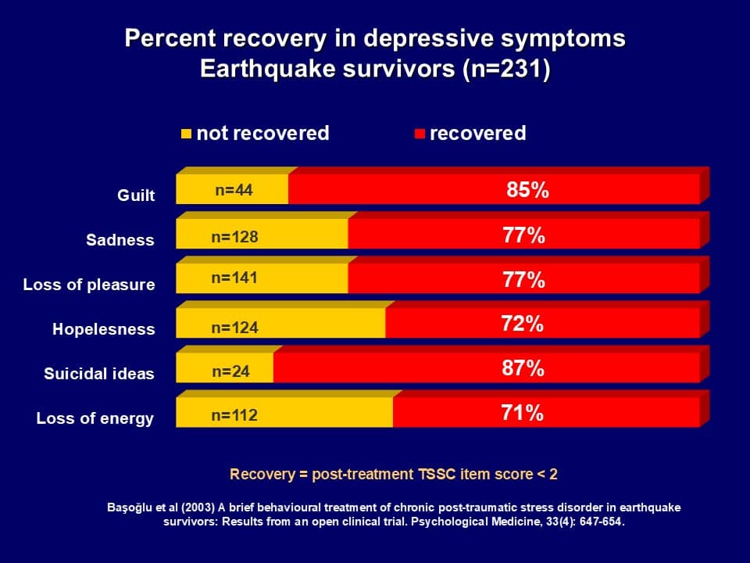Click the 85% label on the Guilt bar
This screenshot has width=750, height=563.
click(527, 190)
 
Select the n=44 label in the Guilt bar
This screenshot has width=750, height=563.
click(234, 190)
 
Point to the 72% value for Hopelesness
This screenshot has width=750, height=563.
click(523, 324)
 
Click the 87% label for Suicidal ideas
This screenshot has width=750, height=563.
click(523, 368)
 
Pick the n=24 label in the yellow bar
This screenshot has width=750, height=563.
click(230, 371)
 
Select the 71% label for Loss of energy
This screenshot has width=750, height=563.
click(523, 413)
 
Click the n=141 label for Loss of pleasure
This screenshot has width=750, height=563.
click(234, 278)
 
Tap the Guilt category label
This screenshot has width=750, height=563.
click(136, 195)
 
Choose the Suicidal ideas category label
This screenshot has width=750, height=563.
click(99, 375)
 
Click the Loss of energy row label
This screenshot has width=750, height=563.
click(95, 419)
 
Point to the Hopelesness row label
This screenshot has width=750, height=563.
click(104, 330)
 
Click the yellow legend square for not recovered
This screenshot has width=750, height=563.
click(186, 134)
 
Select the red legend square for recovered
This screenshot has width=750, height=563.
click(420, 134)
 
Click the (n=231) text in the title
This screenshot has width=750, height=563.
click(506, 69)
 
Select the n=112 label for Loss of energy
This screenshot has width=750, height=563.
click(234, 416)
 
